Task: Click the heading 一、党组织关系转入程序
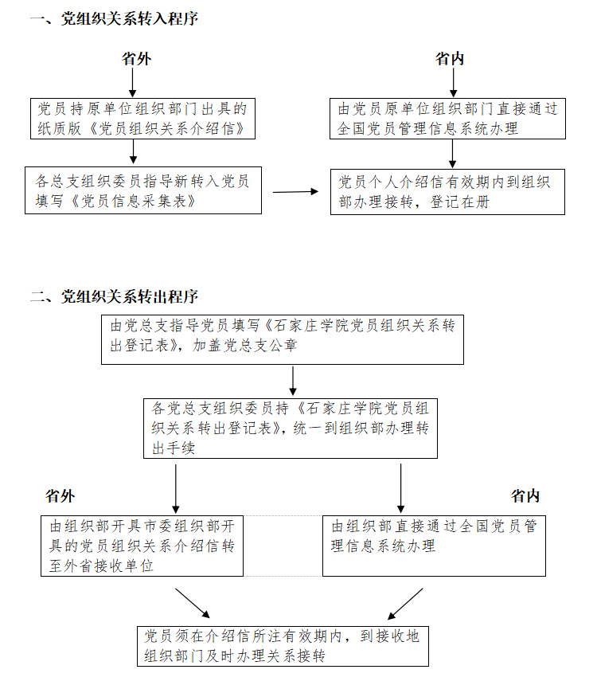115,19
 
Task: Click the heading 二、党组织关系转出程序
115,296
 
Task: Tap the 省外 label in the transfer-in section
136,58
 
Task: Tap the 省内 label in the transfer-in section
450,58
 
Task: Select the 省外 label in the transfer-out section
60,496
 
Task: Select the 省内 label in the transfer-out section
525,496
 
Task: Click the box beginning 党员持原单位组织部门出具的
142,119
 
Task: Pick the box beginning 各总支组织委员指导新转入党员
143,190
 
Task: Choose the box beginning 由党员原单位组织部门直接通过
447,119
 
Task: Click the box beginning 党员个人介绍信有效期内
447,192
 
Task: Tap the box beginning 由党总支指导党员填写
283,339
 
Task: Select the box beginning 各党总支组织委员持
291,429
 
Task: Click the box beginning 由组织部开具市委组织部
142,546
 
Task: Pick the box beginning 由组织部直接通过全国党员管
434,546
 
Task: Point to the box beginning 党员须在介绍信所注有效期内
283,646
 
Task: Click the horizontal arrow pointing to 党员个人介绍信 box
295,192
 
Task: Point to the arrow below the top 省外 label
133,82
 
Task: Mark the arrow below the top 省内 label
453,82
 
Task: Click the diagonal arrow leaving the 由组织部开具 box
193,603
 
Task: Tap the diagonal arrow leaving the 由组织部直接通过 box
405,604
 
